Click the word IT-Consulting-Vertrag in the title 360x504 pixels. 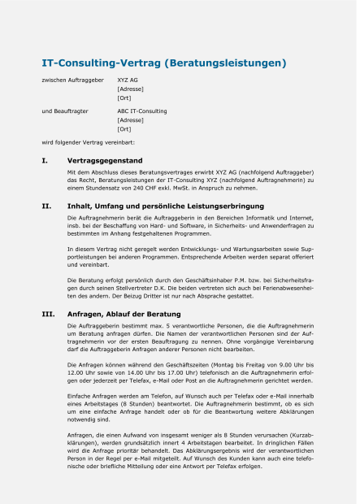[x=101, y=63]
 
